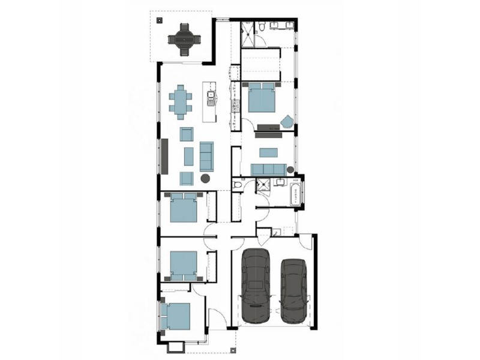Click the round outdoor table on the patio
point(184,40)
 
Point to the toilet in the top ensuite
point(263,27)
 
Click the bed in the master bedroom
point(263,98)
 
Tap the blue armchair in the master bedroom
point(287,121)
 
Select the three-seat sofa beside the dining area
point(206,155)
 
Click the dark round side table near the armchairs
point(205,178)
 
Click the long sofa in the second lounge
point(268,169)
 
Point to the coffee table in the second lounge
point(268,152)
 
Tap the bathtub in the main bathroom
point(296,195)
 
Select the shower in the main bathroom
point(262,185)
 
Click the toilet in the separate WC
point(238,187)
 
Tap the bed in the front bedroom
point(176,317)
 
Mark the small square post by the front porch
point(176,347)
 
